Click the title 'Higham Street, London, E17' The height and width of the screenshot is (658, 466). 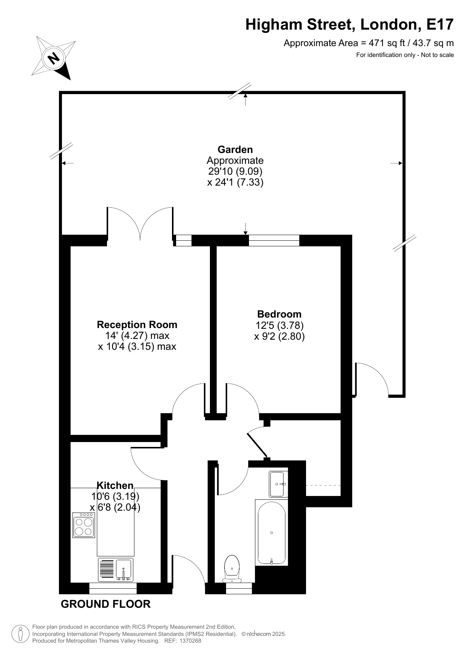(x=350, y=25)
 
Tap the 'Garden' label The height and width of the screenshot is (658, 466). (x=235, y=150)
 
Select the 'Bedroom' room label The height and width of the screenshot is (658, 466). (x=279, y=314)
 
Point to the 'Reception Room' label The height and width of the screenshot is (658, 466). (x=137, y=324)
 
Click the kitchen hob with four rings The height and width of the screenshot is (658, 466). (x=84, y=525)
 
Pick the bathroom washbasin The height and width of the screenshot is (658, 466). (x=278, y=484)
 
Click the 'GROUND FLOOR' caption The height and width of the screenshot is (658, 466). (x=106, y=604)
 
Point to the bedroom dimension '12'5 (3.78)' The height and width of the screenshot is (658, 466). (x=279, y=325)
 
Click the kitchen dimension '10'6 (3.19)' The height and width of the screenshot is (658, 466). (x=115, y=496)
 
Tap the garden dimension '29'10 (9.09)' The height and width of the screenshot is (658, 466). (x=235, y=171)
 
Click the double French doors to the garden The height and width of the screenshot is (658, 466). (x=140, y=223)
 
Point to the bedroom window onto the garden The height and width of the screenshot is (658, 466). (x=274, y=240)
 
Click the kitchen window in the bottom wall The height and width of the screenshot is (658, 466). (x=113, y=588)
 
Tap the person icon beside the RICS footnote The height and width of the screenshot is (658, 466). (x=20, y=634)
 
